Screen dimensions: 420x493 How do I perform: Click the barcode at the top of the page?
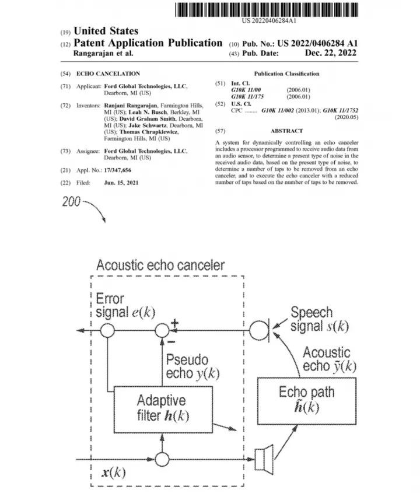pos(267,10)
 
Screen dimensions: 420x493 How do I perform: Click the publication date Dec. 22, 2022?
pos(331,53)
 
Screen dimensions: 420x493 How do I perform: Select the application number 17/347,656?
pos(118,170)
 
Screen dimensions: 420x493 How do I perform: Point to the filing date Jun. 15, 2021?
pos(121,183)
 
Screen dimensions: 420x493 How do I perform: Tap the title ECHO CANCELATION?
pos(108,74)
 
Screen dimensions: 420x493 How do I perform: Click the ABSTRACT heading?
pos(286,131)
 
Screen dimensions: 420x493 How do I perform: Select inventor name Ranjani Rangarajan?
pos(131,106)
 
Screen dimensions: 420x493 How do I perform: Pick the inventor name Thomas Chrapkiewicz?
pos(149,132)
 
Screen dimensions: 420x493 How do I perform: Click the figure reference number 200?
pos(71,201)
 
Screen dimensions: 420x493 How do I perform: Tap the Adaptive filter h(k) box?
pos(163,410)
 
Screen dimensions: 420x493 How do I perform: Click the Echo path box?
pos(307,401)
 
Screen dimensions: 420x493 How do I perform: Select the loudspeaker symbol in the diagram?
pos(264,459)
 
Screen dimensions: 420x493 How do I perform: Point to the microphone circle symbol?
pos(259,330)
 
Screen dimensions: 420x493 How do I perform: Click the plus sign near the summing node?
pos(174,323)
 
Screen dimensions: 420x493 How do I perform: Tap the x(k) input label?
pos(114,472)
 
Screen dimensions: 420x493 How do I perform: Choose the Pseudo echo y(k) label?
pos(192,366)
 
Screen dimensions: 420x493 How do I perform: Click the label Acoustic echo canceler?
pos(160,265)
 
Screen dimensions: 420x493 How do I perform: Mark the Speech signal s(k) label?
pos(320,320)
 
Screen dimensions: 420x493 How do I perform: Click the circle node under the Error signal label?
pos(107,330)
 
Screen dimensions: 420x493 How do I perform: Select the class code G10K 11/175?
pos(247,96)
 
